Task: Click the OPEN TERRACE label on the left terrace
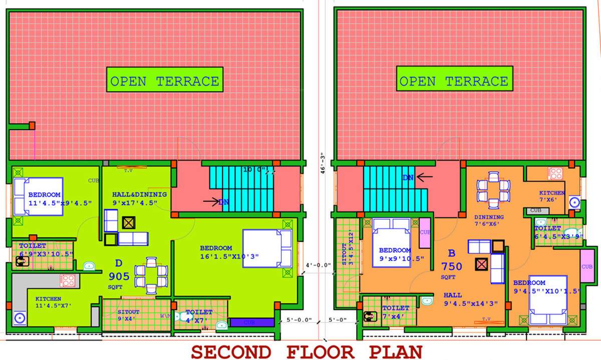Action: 164,81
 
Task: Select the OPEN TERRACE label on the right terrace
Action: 454,81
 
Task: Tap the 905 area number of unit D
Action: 119,276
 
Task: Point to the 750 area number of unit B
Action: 452,266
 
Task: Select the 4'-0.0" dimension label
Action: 318,265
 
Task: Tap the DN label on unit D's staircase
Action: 224,202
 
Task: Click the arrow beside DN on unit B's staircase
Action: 425,177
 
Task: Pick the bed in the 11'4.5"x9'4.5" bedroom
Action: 39,196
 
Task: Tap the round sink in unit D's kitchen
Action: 20,317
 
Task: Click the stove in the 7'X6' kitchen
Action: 555,174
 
